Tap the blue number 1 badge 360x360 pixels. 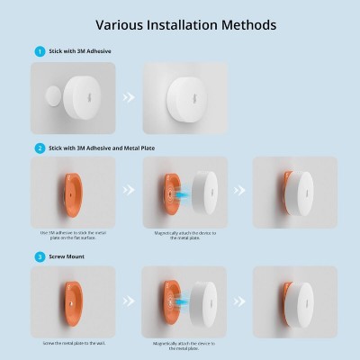coord(39,51)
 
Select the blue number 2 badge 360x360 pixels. coord(39,148)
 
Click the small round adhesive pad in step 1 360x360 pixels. coord(55,94)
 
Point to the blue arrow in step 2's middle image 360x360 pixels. coord(179,193)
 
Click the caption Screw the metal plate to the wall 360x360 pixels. coord(73,342)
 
